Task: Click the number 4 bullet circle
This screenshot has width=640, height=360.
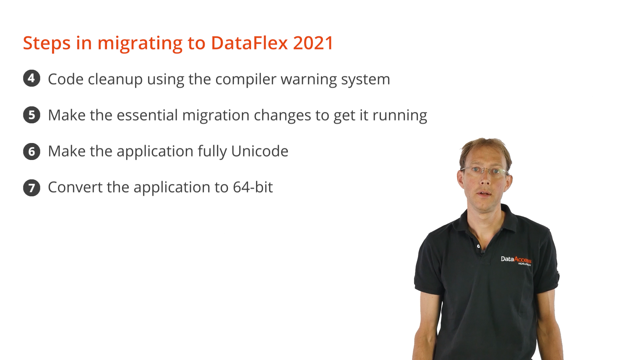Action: (x=32, y=78)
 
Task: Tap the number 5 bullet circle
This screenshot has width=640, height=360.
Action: (x=32, y=115)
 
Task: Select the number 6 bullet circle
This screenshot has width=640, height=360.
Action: (x=32, y=151)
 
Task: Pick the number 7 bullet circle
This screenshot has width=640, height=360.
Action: (x=32, y=188)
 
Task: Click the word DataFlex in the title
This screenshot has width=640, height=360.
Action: (x=249, y=43)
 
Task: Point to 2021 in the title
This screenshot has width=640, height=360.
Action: (x=313, y=43)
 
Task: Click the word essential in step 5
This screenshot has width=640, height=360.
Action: (x=147, y=115)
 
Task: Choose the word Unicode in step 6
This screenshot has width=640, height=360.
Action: (x=260, y=151)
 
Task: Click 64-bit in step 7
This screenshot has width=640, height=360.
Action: (x=253, y=187)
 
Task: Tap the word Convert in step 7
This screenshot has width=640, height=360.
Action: (x=75, y=187)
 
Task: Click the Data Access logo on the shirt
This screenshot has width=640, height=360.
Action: (x=516, y=260)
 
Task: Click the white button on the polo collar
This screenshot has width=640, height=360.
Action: (x=478, y=246)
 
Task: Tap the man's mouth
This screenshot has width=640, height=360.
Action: (x=484, y=193)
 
